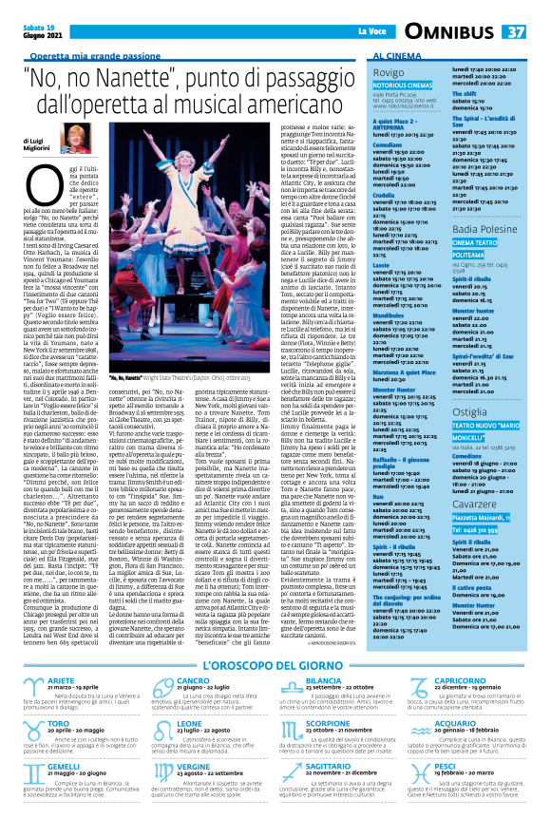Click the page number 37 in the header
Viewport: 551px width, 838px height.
(x=515, y=31)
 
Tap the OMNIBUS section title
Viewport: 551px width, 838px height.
(x=449, y=32)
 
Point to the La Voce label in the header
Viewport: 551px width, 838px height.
(x=371, y=32)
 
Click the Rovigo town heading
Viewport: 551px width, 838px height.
(x=389, y=72)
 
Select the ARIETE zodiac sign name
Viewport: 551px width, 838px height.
(x=61, y=628)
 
